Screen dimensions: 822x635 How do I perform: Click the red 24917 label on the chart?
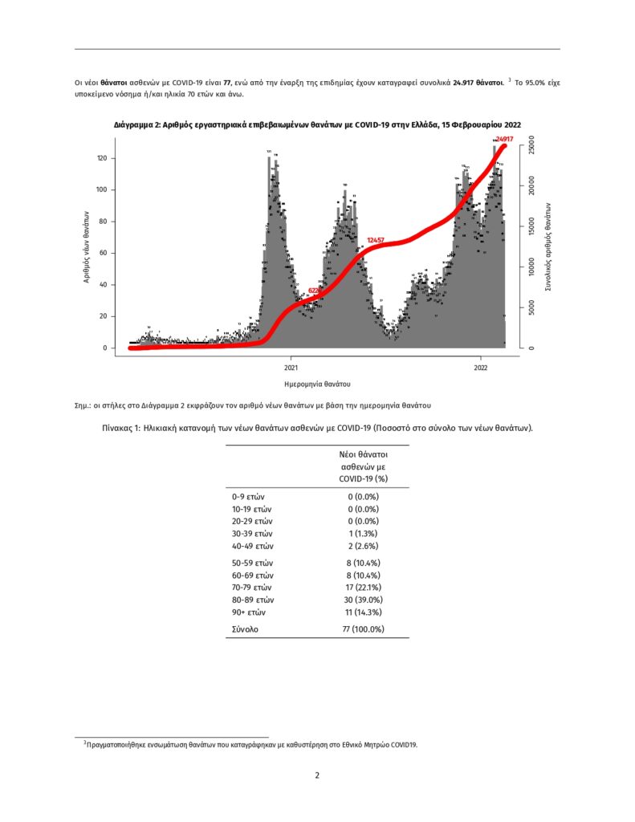(504, 140)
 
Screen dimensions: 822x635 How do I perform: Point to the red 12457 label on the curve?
(376, 240)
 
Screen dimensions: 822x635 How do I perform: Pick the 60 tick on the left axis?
(103, 253)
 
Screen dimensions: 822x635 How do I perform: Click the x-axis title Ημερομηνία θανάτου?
(317, 384)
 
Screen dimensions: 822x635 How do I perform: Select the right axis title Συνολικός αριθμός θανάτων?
(547, 246)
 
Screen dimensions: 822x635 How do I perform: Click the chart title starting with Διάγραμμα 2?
(317, 124)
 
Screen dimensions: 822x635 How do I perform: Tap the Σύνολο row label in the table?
(244, 629)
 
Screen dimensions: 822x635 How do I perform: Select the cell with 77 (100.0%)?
(363, 629)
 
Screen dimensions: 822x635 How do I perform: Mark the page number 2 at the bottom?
(317, 775)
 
